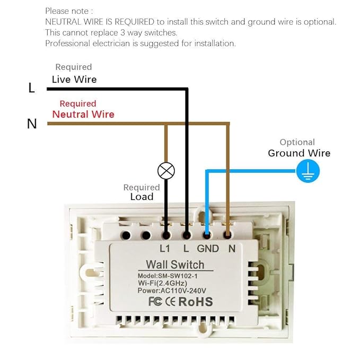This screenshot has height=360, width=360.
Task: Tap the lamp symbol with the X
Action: (x=167, y=171)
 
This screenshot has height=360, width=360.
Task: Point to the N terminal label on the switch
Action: (x=231, y=248)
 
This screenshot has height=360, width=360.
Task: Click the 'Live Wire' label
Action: (x=74, y=79)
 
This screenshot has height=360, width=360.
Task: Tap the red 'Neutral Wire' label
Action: (x=83, y=114)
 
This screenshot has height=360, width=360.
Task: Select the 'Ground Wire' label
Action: (x=299, y=153)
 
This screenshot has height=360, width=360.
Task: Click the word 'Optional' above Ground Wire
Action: (x=297, y=142)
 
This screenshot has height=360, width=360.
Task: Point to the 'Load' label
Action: (x=142, y=197)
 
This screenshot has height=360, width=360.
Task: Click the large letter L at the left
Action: (x=32, y=89)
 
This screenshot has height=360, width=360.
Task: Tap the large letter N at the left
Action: (x=32, y=124)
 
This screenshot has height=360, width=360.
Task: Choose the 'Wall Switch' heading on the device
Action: (x=174, y=265)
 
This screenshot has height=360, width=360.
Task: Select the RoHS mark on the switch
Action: (x=195, y=302)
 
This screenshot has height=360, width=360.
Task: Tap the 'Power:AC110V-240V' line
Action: (x=174, y=291)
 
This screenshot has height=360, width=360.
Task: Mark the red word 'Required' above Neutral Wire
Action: (x=78, y=103)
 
